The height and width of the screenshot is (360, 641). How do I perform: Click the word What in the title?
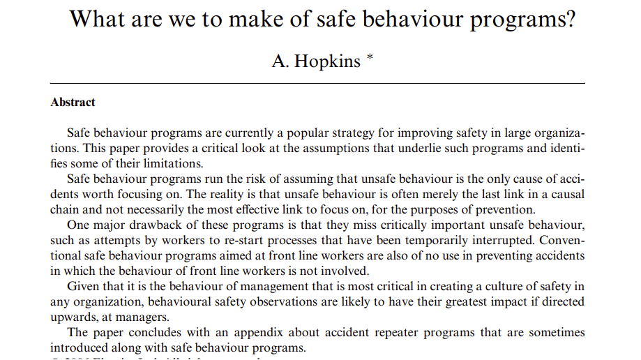(98, 19)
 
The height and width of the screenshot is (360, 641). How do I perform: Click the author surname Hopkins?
(327, 61)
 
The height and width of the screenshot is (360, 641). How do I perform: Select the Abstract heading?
(73, 102)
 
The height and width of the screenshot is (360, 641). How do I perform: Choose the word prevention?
(502, 209)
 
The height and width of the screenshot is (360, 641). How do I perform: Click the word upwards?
(72, 316)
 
